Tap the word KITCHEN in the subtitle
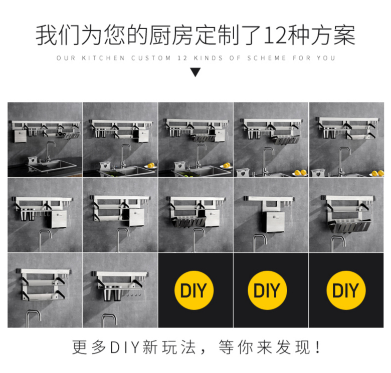tap(103, 58)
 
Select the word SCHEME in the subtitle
tap(267, 58)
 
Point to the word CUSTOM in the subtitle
tap(151, 58)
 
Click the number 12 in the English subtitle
tap(182, 58)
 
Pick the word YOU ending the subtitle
tap(326, 58)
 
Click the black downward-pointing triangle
tap(195, 73)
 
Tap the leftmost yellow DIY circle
tap(194, 290)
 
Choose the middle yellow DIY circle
tap(267, 290)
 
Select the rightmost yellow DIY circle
tap(346, 290)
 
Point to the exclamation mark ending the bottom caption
tap(318, 347)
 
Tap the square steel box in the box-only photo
tap(273, 222)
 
